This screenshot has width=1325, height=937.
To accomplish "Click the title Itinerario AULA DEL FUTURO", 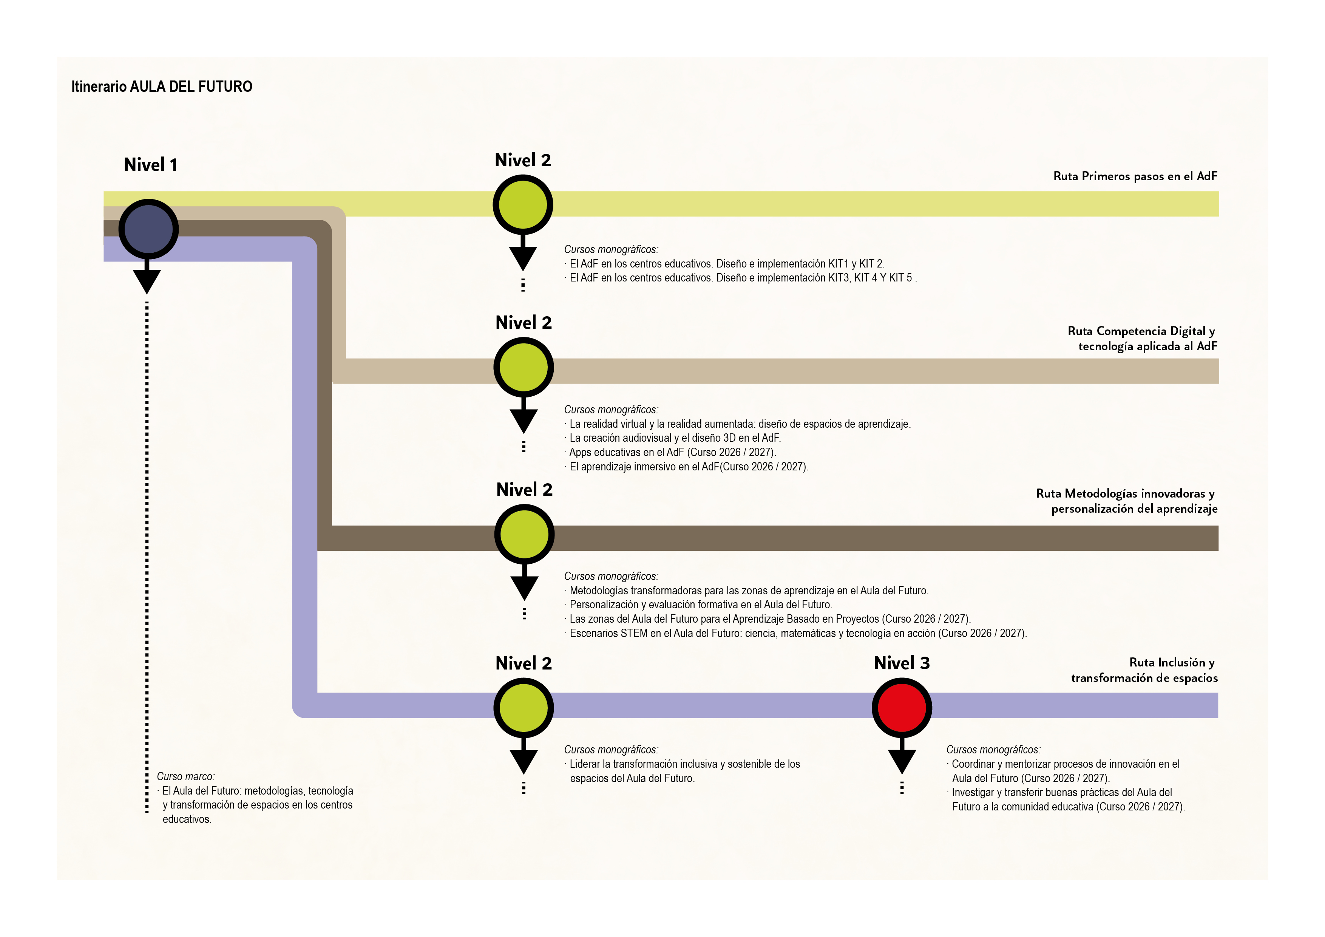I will click(162, 87).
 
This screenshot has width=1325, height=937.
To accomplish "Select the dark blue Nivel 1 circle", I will click(148, 229).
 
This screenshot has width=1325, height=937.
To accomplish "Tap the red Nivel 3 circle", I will click(902, 707).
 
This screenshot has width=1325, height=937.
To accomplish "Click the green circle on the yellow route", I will click(523, 205).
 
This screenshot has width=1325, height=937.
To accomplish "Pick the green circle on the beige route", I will click(524, 368).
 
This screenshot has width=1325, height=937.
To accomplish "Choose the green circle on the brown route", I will click(524, 535).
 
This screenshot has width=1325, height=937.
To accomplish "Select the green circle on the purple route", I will click(524, 708).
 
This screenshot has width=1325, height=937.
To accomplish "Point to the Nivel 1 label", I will click(151, 165).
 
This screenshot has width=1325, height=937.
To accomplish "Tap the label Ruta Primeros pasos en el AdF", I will click(1135, 176).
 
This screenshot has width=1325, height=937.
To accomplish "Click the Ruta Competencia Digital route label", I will click(1141, 338).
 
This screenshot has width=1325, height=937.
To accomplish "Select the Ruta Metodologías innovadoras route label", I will click(1126, 501).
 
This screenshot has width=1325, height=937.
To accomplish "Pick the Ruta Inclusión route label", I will click(1144, 670).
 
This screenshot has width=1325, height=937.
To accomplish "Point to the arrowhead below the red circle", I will click(902, 761).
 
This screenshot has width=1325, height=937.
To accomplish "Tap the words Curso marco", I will click(185, 776).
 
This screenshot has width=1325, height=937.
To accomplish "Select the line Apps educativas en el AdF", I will click(672, 452).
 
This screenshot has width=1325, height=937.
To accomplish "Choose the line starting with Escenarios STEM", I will click(798, 633).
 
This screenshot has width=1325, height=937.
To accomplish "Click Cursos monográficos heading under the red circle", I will click(993, 749).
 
